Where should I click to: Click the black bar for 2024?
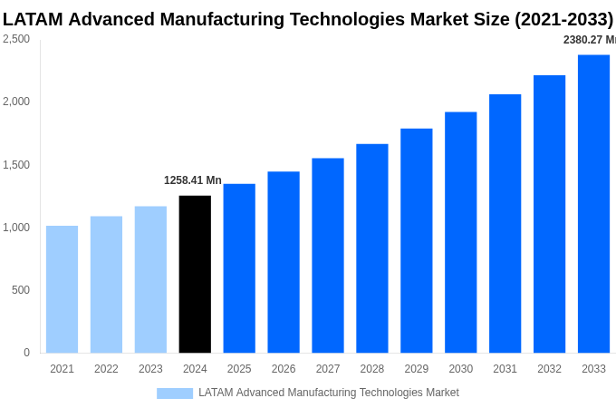click(195, 274)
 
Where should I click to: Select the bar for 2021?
click(62, 289)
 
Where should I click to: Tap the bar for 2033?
click(593, 204)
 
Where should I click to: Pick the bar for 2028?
click(372, 248)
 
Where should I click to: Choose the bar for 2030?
click(460, 232)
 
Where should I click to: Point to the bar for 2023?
click(150, 279)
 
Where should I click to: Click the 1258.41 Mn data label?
click(192, 180)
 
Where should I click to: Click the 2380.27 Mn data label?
click(589, 40)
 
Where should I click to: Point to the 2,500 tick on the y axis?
click(16, 39)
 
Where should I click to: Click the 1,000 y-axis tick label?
click(16, 228)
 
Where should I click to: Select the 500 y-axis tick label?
click(20, 290)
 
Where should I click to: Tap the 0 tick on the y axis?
click(26, 353)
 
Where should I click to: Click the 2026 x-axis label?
click(284, 369)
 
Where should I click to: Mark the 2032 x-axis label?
click(549, 369)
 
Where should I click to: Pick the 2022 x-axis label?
click(106, 369)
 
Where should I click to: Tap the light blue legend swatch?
click(175, 393)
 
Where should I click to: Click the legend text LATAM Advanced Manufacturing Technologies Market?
click(328, 393)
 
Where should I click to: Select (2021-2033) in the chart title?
click(563, 19)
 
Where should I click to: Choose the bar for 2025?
click(239, 268)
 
